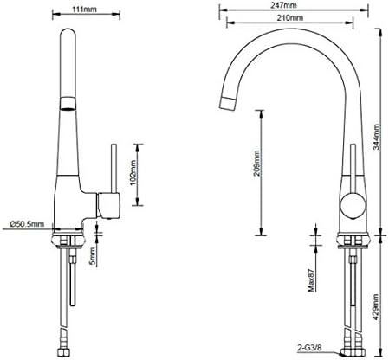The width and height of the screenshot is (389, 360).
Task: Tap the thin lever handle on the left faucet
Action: click(x=111, y=168)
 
